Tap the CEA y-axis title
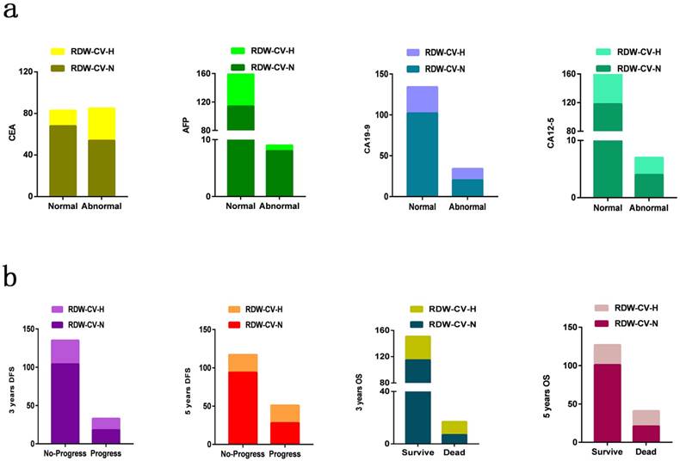(12, 133)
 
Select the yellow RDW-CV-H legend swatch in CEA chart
(58, 52)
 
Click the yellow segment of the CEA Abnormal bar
(102, 123)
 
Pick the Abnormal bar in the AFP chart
(280, 172)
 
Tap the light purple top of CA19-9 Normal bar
(423, 99)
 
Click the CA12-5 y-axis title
(553, 135)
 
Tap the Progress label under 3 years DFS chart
(106, 453)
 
